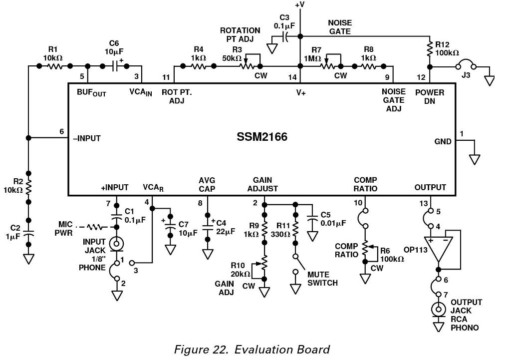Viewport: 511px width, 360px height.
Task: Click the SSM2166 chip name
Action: [x=262, y=137]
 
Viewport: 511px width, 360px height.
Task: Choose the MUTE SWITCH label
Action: [x=322, y=279]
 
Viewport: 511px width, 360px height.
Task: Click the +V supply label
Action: [x=299, y=5]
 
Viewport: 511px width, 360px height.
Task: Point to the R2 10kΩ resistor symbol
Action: [x=28, y=186]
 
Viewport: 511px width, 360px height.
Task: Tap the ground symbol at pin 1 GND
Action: [x=475, y=159]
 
